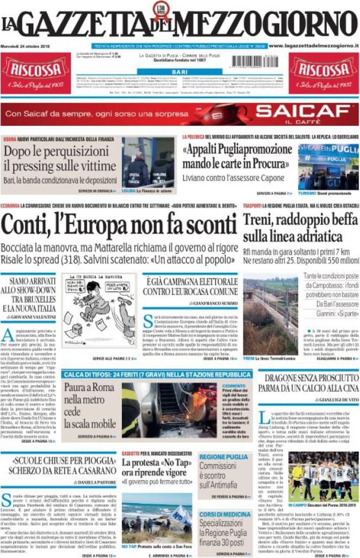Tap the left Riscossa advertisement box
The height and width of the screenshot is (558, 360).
[x=35, y=73]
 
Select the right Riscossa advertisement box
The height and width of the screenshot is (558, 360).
[x=324, y=73]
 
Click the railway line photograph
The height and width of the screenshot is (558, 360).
[x=270, y=317]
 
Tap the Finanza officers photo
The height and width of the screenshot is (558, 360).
[x=148, y=161]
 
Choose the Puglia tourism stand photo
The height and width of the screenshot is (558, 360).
[x=328, y=166]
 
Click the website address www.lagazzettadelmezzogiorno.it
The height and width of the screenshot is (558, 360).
[x=313, y=47]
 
